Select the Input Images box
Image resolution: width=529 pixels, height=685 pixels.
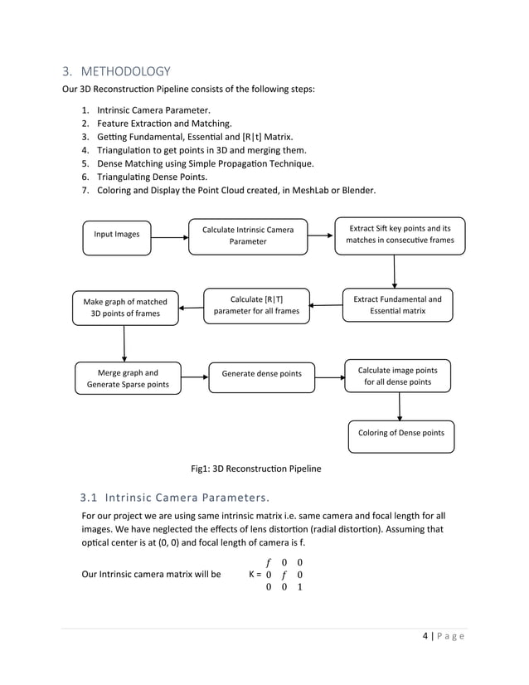pos(117,235)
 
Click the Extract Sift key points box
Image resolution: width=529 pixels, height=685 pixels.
pos(400,235)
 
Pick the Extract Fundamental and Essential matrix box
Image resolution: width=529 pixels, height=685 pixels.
pos(397,304)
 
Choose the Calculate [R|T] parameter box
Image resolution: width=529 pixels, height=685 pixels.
pos(256,304)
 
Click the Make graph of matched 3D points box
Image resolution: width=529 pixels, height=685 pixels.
pos(124,308)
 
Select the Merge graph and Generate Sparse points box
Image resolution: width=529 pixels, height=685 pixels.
pos(129,379)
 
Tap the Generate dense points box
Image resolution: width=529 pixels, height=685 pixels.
pos(261,375)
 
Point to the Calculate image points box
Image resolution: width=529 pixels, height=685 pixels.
pos(397,376)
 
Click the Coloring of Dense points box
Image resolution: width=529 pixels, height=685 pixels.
pos(400,433)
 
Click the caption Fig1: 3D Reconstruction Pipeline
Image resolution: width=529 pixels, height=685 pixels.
pos(255,469)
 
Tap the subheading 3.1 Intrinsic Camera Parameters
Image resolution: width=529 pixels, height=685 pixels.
pos(174,498)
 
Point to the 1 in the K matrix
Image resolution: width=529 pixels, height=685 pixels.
pos(299,587)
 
